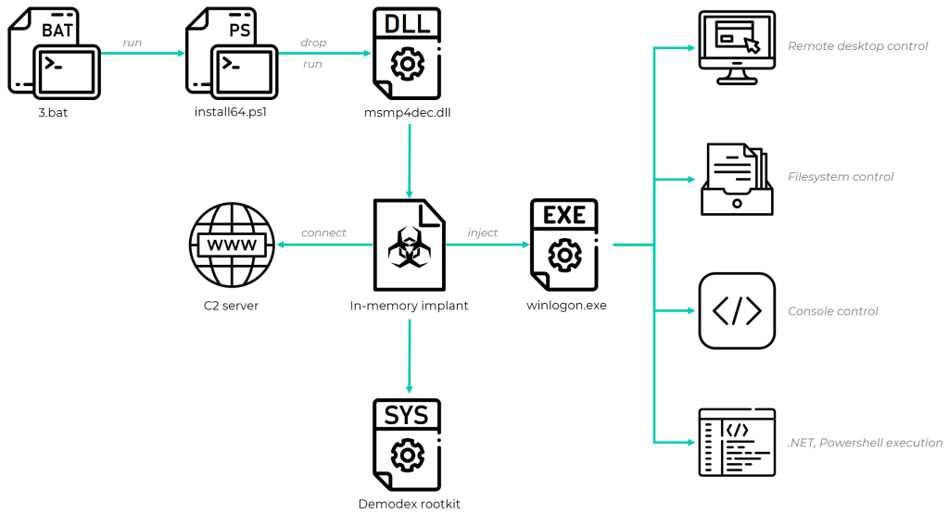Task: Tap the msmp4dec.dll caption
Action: click(x=408, y=112)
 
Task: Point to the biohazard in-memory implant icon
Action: click(x=407, y=245)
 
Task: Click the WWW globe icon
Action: click(x=230, y=245)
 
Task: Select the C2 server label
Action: click(x=230, y=305)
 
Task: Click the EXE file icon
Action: click(x=564, y=245)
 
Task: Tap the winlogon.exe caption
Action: click(x=565, y=305)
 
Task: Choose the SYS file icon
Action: click(x=407, y=445)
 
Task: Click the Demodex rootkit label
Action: click(x=409, y=504)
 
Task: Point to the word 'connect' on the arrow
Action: click(x=323, y=232)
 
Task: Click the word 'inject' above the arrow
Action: click(x=483, y=232)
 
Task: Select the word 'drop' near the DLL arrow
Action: click(x=313, y=43)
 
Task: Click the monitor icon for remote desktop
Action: click(x=736, y=46)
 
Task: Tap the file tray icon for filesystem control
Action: click(x=736, y=178)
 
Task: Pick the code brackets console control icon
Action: click(x=736, y=311)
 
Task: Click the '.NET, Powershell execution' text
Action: click(x=865, y=444)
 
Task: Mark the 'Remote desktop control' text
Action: click(x=857, y=46)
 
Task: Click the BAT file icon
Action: click(x=53, y=54)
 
